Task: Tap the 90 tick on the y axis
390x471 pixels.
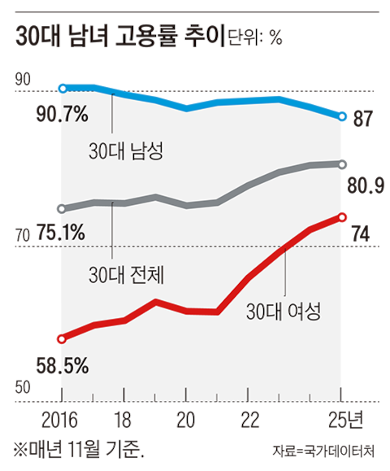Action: coord(22,79)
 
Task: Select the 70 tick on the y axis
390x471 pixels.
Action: coord(22,235)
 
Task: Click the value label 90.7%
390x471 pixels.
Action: coord(62,116)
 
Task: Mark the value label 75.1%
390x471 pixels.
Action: coord(62,234)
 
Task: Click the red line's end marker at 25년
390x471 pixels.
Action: coord(341,217)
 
